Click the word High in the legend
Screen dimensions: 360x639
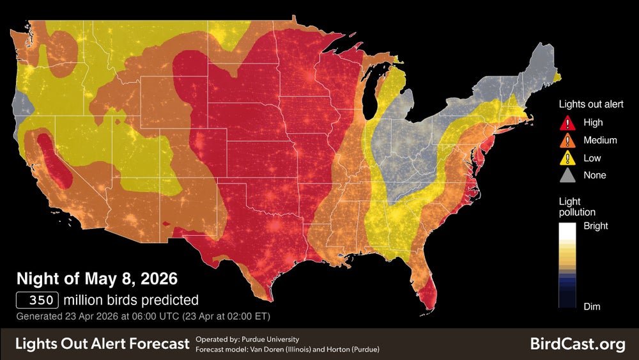click(x=593, y=123)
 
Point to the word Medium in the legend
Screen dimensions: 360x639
click(x=600, y=140)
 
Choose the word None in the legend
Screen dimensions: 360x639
click(x=595, y=175)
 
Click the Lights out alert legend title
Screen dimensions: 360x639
click(x=591, y=104)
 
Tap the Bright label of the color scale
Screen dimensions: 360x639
click(x=596, y=226)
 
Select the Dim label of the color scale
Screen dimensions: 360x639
click(x=592, y=306)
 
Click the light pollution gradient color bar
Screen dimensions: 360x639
click(x=568, y=266)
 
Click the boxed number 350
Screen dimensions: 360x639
click(x=38, y=300)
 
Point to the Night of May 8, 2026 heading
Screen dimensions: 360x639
click(x=96, y=279)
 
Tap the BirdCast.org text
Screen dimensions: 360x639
click(x=578, y=344)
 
